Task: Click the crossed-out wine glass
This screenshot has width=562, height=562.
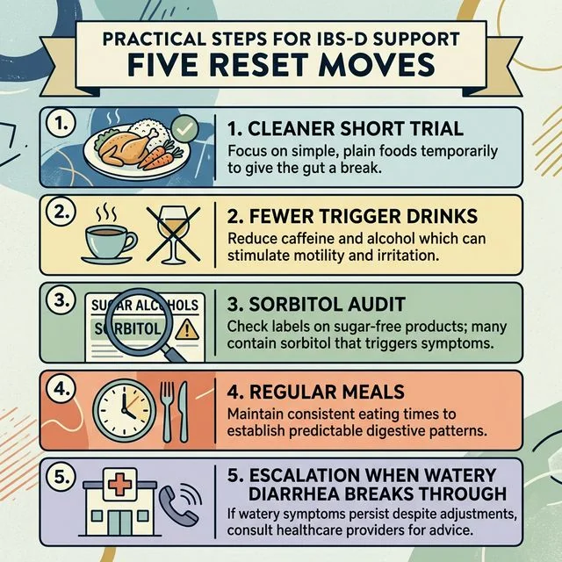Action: [170, 233]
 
